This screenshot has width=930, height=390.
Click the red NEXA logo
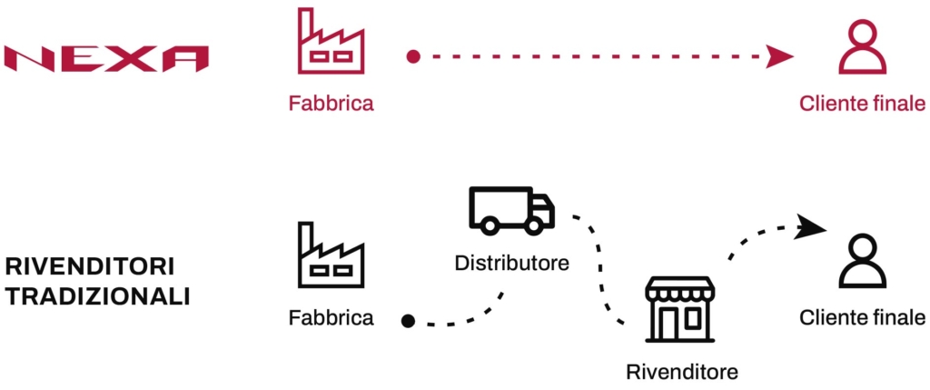(x=106, y=59)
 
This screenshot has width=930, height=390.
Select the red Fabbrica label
(x=331, y=104)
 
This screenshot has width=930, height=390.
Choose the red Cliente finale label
(x=862, y=104)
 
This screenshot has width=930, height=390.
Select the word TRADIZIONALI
(x=98, y=296)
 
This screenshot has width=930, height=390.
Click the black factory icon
(x=331, y=255)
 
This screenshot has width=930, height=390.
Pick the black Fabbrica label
(x=331, y=318)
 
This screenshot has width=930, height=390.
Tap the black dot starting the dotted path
(x=409, y=320)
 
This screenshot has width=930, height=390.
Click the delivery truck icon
(x=511, y=210)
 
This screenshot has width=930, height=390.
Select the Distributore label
(x=511, y=265)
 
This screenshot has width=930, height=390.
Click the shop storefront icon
(x=679, y=311)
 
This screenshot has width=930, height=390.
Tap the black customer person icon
(x=862, y=262)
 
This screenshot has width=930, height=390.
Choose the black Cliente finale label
(x=862, y=318)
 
